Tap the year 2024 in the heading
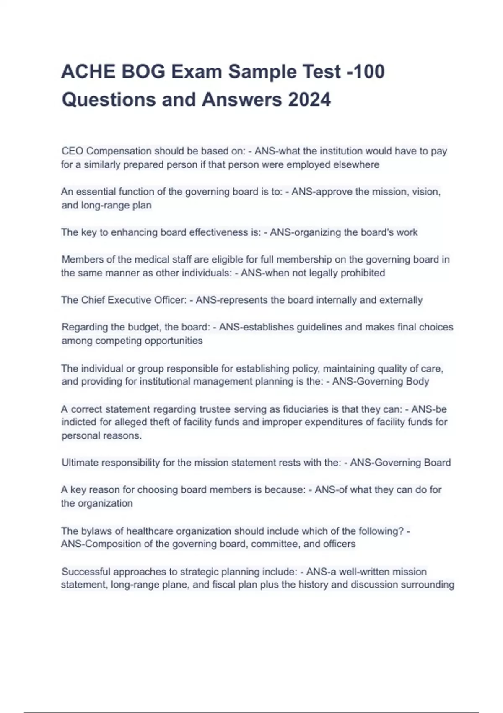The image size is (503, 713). [x=309, y=100]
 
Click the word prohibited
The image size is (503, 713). [x=363, y=273]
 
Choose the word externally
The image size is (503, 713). [x=401, y=300]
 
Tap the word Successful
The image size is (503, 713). [x=86, y=572]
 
